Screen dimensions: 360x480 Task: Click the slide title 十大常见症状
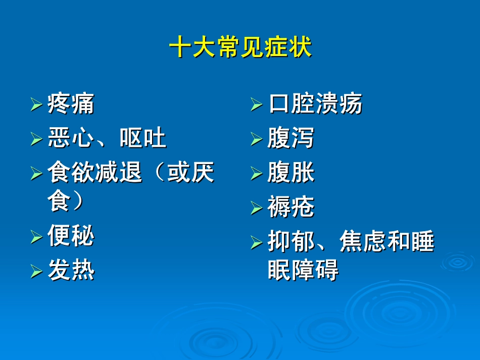(240, 48)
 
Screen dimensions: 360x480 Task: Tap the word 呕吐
(143, 137)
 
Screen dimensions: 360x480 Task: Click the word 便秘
(71, 236)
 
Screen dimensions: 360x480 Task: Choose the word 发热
(71, 271)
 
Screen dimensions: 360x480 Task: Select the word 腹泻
(291, 138)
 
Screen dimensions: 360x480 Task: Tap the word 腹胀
(291, 173)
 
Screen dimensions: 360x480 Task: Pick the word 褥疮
(291, 207)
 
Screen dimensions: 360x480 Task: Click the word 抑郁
(291, 242)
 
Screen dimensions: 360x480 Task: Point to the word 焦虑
(363, 242)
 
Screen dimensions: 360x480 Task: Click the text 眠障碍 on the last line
(303, 270)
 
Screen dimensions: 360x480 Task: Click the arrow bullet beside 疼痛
(36, 105)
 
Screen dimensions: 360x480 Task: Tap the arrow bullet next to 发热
(36, 272)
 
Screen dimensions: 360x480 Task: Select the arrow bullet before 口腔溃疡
(256, 105)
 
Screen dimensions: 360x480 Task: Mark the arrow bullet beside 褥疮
(256, 208)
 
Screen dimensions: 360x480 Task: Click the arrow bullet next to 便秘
(36, 236)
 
